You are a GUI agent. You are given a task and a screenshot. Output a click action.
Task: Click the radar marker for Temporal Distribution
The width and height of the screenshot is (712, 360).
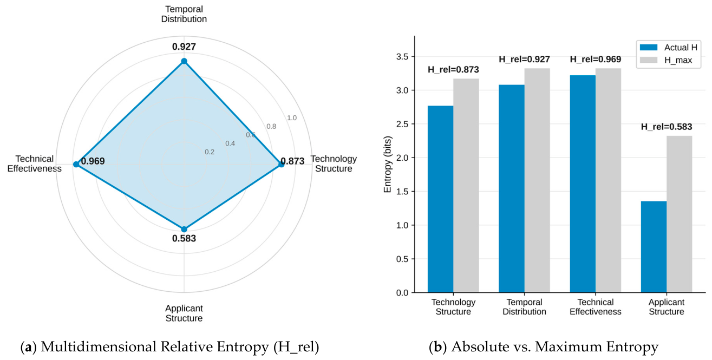coord(184,61)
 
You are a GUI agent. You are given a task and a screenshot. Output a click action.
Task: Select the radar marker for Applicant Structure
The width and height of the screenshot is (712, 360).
coord(184,229)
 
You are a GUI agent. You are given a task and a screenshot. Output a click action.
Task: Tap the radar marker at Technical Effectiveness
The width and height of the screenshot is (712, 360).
coord(76,164)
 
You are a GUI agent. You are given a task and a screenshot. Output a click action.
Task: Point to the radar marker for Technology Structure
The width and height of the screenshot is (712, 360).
coord(282,164)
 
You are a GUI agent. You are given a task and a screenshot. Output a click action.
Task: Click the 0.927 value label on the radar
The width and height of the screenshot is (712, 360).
coord(184,47)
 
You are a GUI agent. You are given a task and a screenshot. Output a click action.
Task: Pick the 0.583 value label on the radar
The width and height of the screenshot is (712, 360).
coord(184,238)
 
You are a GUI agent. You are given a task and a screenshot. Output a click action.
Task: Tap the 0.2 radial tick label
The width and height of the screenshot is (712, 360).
coord(210,152)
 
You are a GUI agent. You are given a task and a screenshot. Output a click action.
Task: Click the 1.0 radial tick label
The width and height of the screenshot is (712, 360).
coord(292,118)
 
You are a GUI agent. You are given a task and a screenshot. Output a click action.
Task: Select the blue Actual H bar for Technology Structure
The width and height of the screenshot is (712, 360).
coord(441,199)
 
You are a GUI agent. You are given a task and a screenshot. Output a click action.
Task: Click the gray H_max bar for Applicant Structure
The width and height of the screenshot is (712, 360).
coord(680,214)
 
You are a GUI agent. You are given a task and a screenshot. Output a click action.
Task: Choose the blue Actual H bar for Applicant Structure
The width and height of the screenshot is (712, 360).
coord(654,247)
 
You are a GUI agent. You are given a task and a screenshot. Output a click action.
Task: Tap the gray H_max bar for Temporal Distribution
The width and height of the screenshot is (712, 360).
coord(537,180)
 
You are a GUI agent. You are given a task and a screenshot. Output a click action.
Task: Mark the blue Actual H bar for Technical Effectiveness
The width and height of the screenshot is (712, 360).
coord(583,184)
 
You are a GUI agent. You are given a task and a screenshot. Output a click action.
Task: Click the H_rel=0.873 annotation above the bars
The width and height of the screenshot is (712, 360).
coord(453,70)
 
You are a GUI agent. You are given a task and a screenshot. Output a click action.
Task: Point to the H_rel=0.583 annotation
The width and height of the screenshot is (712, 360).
coord(667,127)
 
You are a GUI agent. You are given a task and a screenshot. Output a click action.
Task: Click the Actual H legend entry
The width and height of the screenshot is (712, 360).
coord(669,47)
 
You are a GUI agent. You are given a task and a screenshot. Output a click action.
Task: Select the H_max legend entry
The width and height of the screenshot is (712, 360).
coord(666,60)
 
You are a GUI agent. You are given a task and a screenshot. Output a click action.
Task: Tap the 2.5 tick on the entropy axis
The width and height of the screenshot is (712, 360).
coord(403,124)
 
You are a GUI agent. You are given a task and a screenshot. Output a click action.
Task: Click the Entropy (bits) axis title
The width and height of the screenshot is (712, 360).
coord(388,164)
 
